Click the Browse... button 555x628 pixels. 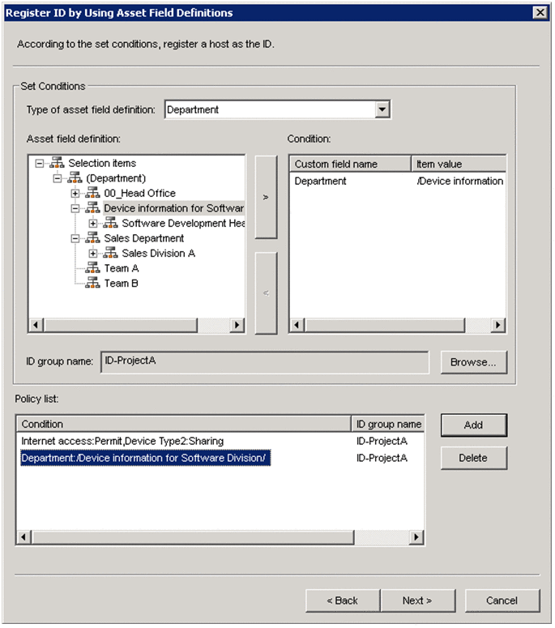tap(474, 362)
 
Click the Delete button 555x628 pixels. tap(473, 458)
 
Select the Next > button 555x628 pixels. tap(417, 600)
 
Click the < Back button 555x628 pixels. tap(342, 600)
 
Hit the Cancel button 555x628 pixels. tap(502, 600)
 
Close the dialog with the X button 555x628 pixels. tap(540, 12)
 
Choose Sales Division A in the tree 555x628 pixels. tap(158, 253)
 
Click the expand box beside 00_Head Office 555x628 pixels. tap(75, 193)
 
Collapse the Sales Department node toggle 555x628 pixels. tap(75, 238)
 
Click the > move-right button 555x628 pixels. tap(266, 197)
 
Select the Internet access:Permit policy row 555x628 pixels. tap(122, 441)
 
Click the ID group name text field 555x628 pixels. tap(264, 361)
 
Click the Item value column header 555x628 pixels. tap(459, 164)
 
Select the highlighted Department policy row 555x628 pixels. tap(144, 458)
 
